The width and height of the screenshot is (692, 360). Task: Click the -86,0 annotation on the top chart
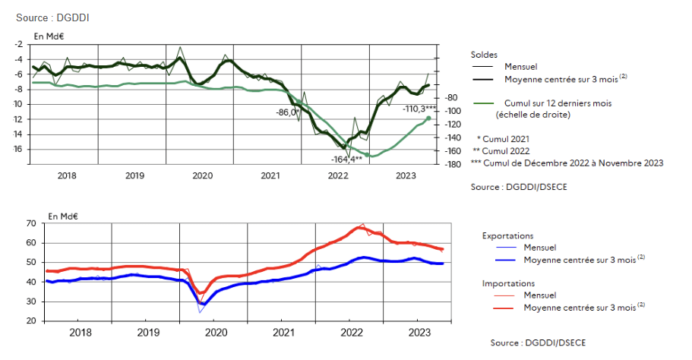(287, 112)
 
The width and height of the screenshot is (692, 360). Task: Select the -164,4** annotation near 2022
(346, 159)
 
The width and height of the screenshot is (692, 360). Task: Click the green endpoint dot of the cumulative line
(428, 118)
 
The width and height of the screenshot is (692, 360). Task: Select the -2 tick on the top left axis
(17, 44)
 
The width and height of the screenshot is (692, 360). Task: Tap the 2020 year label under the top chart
(202, 175)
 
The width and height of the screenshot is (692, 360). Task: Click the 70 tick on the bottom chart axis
(31, 223)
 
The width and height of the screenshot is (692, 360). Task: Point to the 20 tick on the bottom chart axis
(31, 321)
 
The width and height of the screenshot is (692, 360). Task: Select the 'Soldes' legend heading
(484, 55)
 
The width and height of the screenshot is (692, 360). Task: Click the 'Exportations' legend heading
(508, 236)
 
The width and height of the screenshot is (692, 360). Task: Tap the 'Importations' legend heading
(508, 283)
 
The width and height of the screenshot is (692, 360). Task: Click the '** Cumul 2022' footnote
(501, 151)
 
